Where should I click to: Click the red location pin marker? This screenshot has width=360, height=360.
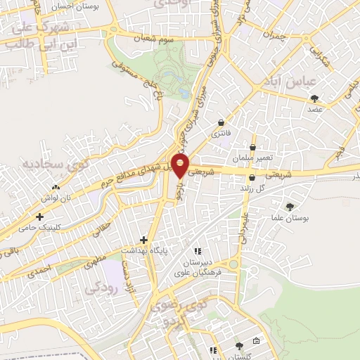coord(181,166)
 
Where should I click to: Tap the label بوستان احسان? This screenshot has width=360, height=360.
coord(78,6)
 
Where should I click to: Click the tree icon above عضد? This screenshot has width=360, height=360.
coord(314,98)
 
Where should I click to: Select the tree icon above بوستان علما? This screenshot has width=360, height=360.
coord(290,206)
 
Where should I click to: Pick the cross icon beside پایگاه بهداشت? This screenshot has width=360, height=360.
coord(146,239)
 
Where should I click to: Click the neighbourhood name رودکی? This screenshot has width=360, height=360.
coord(101,288)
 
